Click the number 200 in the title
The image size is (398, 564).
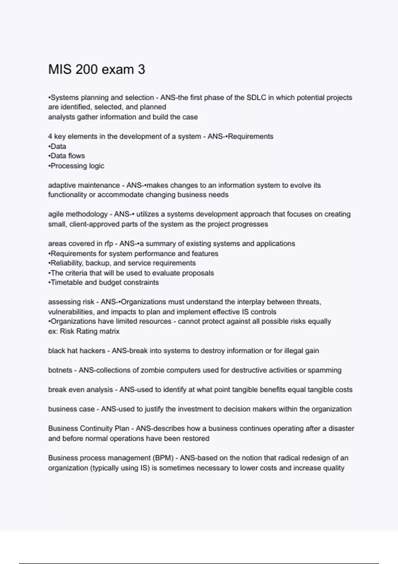coord(86,70)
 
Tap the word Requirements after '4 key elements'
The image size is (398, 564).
coord(251,136)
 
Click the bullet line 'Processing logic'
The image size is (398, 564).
coord(76,166)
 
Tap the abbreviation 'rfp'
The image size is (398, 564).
coord(109,244)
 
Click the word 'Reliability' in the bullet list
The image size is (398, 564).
coord(66,263)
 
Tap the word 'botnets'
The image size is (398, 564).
coord(60,370)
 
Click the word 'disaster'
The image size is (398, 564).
coord(341,429)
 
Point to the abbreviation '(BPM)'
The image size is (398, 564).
coord(163,458)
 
